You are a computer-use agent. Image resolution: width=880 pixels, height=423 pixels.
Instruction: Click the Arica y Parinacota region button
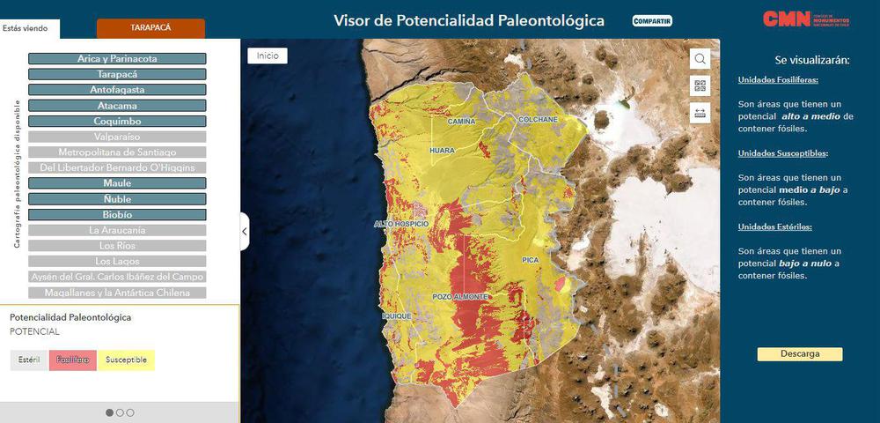[x=117, y=58]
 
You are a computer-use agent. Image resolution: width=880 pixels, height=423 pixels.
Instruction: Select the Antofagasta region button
[x=117, y=90]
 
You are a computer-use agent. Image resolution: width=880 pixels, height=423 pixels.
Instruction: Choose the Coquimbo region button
[x=117, y=121]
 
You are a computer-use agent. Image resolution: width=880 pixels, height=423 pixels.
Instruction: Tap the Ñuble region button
[x=117, y=199]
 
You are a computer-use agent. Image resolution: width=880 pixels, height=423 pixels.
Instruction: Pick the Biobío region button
[x=117, y=214]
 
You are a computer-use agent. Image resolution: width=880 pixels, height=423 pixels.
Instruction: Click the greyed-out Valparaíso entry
[x=117, y=137]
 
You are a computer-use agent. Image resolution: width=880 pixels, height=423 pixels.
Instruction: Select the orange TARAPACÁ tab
[x=150, y=28]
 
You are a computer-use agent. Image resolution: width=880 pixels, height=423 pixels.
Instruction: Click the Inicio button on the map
[x=268, y=56]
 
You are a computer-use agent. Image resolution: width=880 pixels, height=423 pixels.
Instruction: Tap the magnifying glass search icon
[x=700, y=59]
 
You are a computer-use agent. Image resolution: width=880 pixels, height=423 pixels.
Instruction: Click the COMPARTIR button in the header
[x=652, y=20]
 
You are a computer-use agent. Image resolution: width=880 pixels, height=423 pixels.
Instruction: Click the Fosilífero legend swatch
[x=73, y=360]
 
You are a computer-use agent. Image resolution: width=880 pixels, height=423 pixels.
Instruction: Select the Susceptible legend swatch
[x=126, y=360]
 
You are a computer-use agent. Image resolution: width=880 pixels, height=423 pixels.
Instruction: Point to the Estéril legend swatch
[x=29, y=360]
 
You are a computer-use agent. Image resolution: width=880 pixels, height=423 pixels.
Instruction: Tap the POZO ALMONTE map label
[x=460, y=297]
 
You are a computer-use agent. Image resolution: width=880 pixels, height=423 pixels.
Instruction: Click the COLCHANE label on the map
[x=538, y=119]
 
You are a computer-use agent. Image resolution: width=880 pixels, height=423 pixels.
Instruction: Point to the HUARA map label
[x=442, y=151]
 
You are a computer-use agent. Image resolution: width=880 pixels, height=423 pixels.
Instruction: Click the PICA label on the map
[x=529, y=260]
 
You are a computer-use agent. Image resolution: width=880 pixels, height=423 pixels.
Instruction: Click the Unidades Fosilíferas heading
[x=778, y=80]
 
